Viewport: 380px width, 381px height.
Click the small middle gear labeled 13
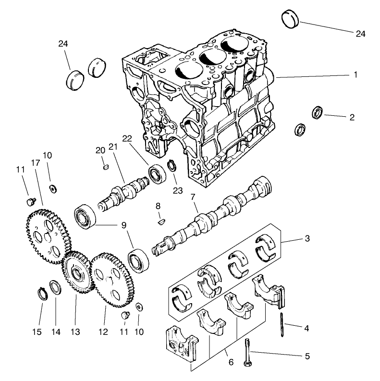(x=76, y=273)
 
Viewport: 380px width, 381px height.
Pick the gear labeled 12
(x=112, y=279)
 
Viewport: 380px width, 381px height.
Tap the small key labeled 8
(x=161, y=222)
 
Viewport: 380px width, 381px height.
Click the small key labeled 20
(x=107, y=167)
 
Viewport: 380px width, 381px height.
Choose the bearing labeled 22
(x=156, y=174)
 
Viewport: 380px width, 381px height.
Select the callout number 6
(x=231, y=362)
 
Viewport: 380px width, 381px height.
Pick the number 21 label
(x=113, y=147)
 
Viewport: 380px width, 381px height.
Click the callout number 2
(x=352, y=117)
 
